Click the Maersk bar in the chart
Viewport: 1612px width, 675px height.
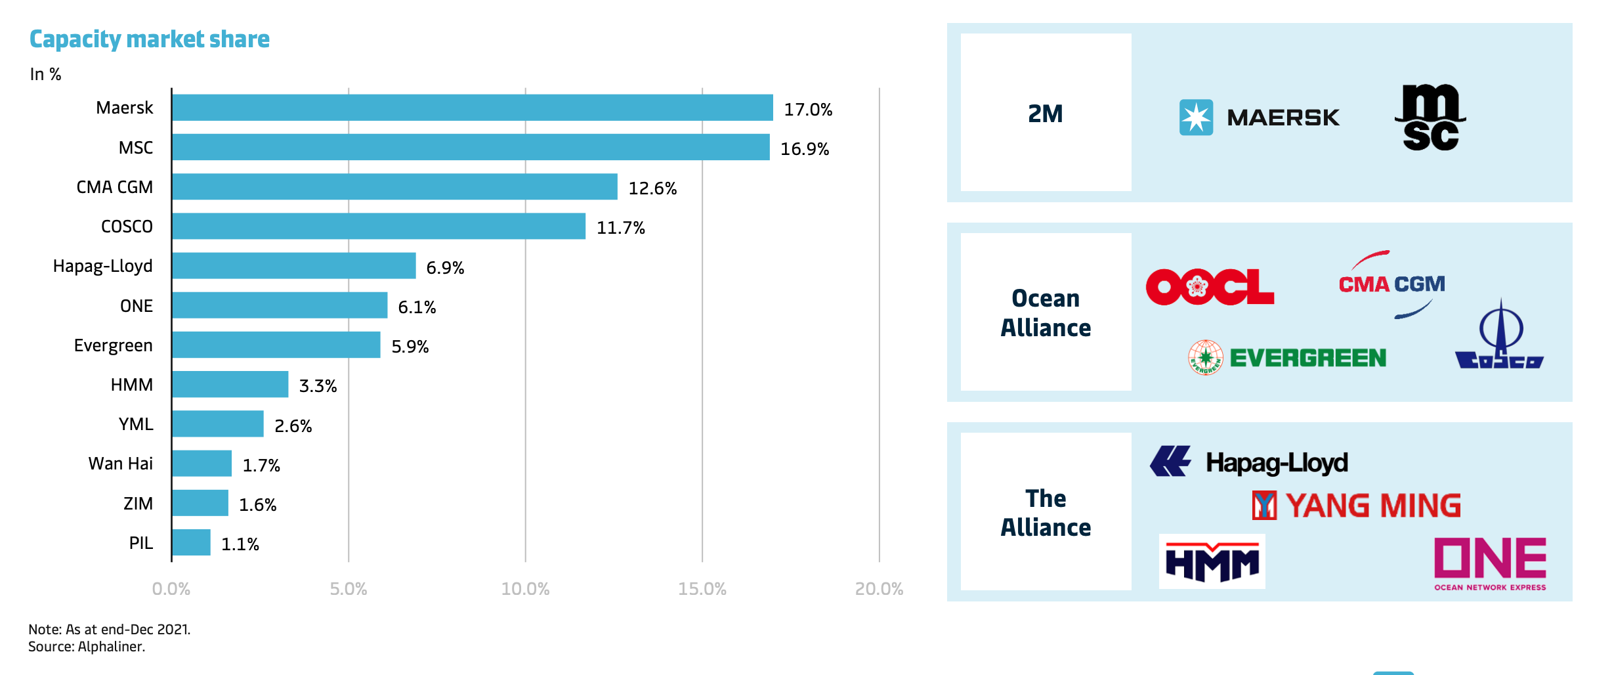click(x=473, y=108)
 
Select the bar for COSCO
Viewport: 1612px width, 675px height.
click(x=379, y=226)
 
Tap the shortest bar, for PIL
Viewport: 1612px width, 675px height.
click(x=192, y=542)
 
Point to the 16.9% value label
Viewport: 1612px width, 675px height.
click(x=805, y=149)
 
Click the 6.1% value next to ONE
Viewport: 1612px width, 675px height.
click(x=417, y=307)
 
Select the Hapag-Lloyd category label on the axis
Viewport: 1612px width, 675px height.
click(x=102, y=266)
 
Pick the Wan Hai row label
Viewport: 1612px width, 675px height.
click(x=120, y=464)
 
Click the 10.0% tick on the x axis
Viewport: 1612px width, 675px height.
click(x=525, y=588)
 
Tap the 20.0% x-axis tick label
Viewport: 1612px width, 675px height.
click(x=879, y=588)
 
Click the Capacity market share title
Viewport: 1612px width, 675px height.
click(x=150, y=39)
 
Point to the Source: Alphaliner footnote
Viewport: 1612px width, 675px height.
click(x=87, y=647)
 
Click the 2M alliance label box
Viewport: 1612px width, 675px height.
click(x=1046, y=113)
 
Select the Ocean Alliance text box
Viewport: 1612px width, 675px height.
click(x=1046, y=313)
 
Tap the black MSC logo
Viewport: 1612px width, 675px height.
click(x=1430, y=118)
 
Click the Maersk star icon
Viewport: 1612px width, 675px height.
click(x=1196, y=118)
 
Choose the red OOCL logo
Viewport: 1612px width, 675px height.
click(x=1210, y=287)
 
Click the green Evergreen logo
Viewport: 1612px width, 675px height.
click(x=1287, y=358)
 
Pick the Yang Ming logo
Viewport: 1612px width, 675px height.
click(x=1356, y=506)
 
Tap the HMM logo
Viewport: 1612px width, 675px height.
click(x=1212, y=561)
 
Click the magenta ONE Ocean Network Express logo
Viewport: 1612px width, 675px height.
click(x=1490, y=563)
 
